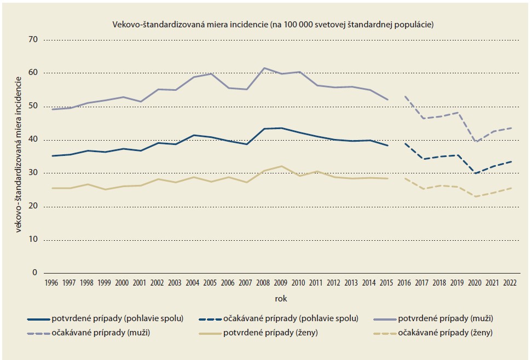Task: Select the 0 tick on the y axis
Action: pos(34,273)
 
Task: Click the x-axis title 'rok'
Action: pos(280,299)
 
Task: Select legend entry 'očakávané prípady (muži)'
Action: pos(105,333)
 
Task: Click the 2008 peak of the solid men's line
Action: pos(264,68)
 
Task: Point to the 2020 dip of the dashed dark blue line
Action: pos(475,173)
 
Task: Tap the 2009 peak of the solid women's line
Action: pos(281,166)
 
